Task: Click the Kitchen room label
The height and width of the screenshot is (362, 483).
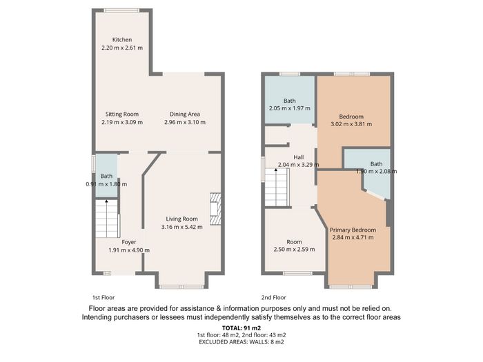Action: point(122,40)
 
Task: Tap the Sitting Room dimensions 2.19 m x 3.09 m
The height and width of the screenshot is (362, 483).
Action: point(122,122)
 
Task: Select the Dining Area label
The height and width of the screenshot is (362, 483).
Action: point(185,114)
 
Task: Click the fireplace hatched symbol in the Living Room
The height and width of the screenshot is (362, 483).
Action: point(215,209)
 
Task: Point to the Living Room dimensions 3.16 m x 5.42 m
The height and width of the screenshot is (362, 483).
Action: point(182,227)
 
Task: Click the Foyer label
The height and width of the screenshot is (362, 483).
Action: point(129,242)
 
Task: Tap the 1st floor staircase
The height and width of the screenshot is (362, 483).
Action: point(106,219)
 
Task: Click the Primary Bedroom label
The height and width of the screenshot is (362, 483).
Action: point(353,230)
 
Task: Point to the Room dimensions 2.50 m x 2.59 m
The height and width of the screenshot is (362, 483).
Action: point(294,250)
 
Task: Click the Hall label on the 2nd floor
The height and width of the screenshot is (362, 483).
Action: point(299,157)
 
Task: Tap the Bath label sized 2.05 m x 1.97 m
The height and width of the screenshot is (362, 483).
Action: point(290,101)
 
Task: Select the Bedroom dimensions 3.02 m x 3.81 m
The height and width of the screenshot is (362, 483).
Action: point(351,124)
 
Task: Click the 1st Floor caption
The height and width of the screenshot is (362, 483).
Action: point(103,298)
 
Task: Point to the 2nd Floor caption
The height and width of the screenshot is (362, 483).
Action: point(273,298)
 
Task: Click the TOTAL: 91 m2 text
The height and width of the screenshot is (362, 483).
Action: point(241,328)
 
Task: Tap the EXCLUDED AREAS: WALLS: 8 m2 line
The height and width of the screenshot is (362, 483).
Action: point(241,342)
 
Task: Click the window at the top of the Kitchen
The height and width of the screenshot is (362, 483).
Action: point(121,10)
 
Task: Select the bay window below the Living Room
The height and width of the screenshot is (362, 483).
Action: point(181,287)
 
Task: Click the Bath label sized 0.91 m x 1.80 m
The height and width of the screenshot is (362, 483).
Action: point(106,177)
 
